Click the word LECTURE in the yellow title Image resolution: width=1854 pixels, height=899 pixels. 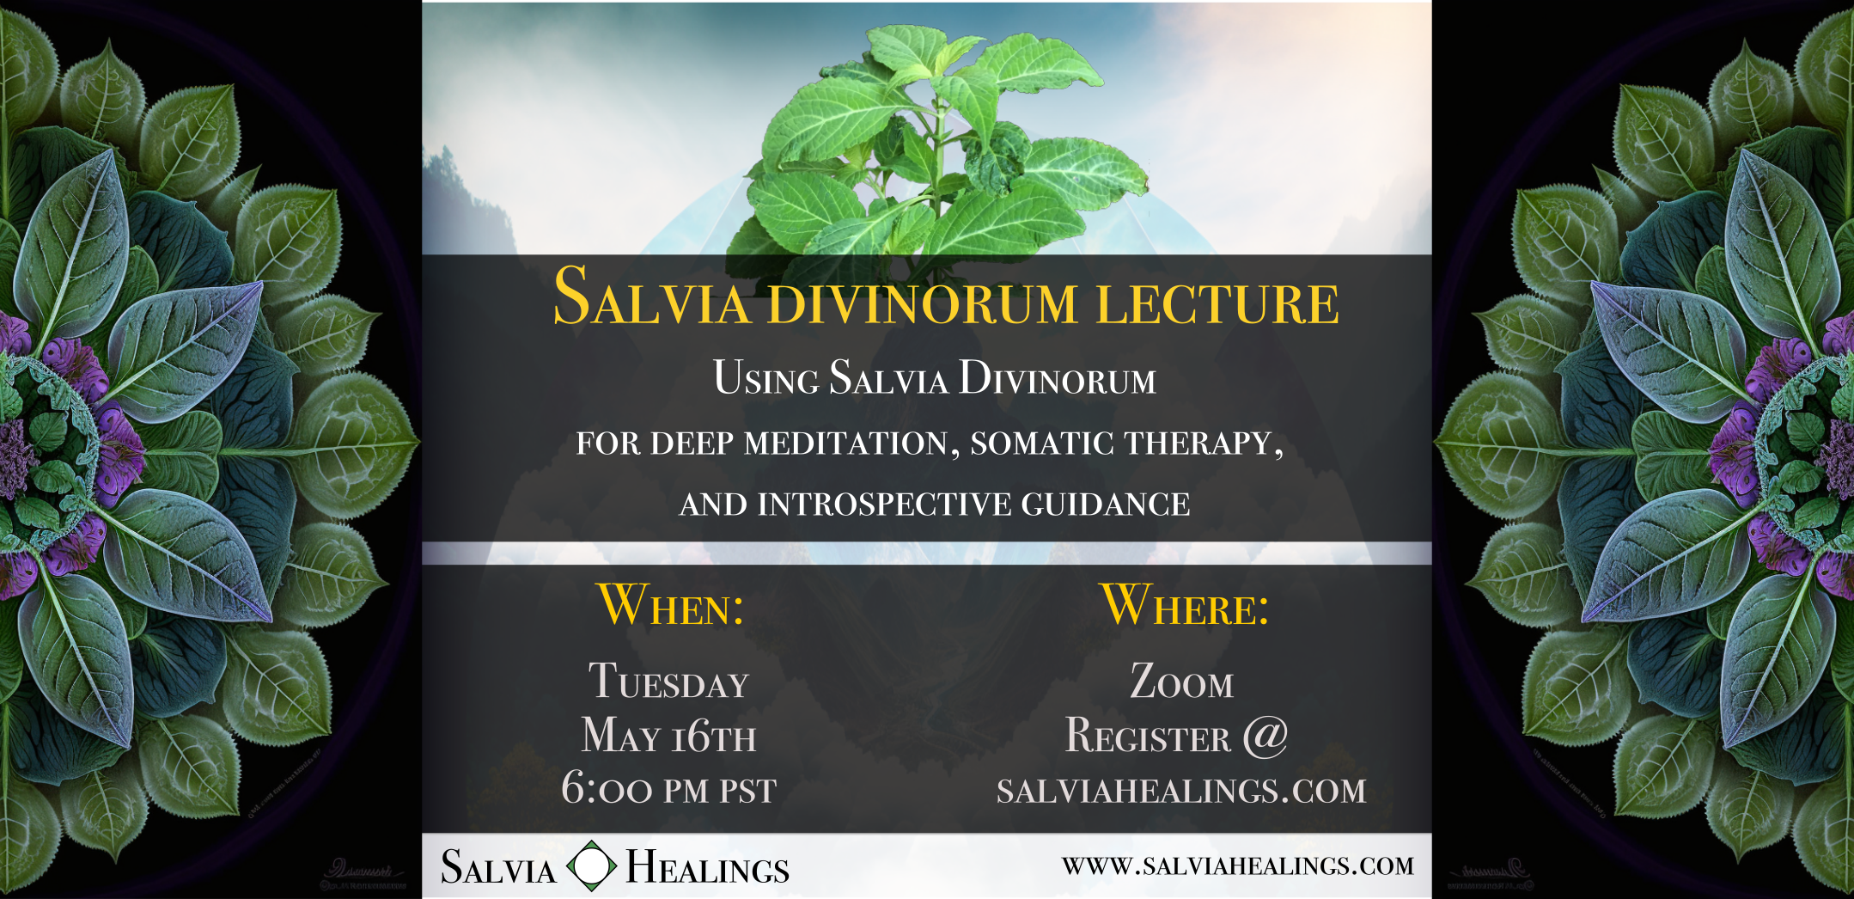coord(1217,303)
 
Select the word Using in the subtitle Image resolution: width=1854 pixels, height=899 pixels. coord(765,378)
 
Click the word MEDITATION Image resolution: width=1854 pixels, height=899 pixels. coord(851,443)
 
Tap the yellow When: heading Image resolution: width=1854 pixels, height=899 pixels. coord(670,606)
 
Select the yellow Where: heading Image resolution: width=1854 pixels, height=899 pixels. coord(1185,606)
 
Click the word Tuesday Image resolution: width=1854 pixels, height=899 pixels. coord(668,682)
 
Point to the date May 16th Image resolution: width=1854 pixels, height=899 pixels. coord(668,737)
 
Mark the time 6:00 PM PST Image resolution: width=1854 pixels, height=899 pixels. coord(668,789)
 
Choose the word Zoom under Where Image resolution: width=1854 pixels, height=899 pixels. coord(1181,682)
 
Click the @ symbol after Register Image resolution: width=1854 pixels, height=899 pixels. coord(1265,736)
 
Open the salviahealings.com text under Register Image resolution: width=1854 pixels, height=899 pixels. coord(1181,791)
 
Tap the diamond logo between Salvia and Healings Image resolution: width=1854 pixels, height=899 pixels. coord(592,866)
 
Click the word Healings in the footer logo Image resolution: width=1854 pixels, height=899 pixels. coord(707,867)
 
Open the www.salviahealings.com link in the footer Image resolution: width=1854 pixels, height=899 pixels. coord(1237,865)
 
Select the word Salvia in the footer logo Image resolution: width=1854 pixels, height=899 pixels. coord(498,867)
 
